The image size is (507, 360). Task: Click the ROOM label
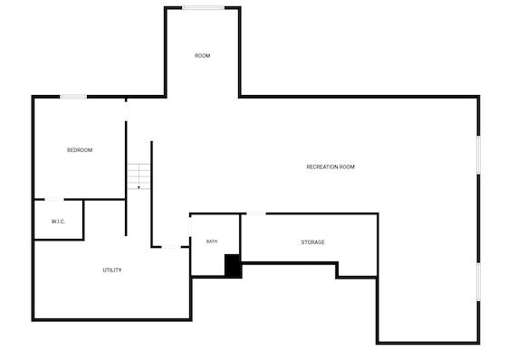pyautogui.click(x=203, y=56)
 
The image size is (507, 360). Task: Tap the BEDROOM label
pyautogui.click(x=80, y=150)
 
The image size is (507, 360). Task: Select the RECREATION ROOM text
pyautogui.click(x=330, y=166)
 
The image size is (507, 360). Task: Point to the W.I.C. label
pyautogui.click(x=58, y=222)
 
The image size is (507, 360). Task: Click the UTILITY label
pyautogui.click(x=112, y=270)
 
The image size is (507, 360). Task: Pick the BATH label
pyautogui.click(x=212, y=242)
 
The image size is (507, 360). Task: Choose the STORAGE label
pyautogui.click(x=312, y=242)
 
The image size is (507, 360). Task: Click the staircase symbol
pyautogui.click(x=139, y=176)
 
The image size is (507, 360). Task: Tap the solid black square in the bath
pyautogui.click(x=233, y=266)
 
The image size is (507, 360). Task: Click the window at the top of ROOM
pyautogui.click(x=204, y=8)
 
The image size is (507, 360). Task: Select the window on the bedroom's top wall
pyautogui.click(x=73, y=97)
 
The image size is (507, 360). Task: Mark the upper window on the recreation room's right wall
pyautogui.click(x=479, y=155)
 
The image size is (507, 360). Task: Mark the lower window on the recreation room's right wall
pyautogui.click(x=479, y=282)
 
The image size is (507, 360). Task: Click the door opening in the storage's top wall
pyautogui.click(x=256, y=213)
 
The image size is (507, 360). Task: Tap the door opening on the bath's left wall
pyautogui.click(x=190, y=227)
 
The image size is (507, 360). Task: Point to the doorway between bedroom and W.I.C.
pyautogui.click(x=54, y=199)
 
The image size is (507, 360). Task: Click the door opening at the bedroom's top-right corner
pyautogui.click(x=126, y=110)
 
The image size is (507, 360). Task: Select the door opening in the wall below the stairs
pyautogui.click(x=171, y=247)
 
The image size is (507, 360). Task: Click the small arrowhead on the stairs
pyautogui.click(x=139, y=187)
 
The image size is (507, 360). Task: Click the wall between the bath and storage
pyautogui.click(x=240, y=234)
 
